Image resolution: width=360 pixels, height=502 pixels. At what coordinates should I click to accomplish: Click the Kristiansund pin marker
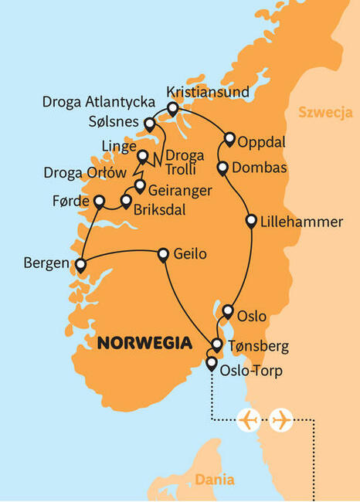click(172, 110)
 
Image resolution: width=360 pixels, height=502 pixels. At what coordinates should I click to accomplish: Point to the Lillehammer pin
click(250, 222)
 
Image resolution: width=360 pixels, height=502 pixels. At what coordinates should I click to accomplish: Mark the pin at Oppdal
click(229, 140)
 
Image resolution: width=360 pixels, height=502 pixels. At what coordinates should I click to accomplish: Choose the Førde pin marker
click(99, 202)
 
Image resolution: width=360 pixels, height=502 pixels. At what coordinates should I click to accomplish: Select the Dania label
click(214, 480)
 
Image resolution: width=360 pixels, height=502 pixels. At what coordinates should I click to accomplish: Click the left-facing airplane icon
click(249, 420)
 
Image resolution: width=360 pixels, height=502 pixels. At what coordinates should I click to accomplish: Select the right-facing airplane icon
click(281, 420)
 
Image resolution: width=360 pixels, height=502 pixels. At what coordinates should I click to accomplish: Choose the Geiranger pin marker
click(140, 185)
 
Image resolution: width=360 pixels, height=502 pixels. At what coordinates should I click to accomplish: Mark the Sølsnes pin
click(150, 122)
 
